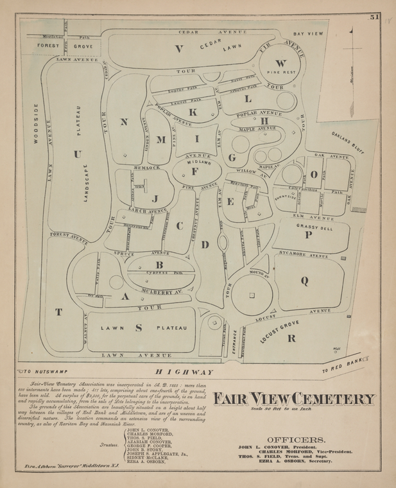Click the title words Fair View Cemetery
click(294, 399)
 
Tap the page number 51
click(374, 17)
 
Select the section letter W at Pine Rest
click(280, 63)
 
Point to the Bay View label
click(308, 33)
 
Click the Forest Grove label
click(65, 46)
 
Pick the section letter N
click(124, 122)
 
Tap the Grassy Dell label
click(314, 227)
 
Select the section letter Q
click(304, 280)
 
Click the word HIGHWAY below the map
click(184, 372)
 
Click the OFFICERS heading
click(296, 440)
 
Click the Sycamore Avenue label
click(304, 254)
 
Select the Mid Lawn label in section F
click(198, 163)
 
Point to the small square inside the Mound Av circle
click(252, 295)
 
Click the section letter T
click(58, 312)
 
